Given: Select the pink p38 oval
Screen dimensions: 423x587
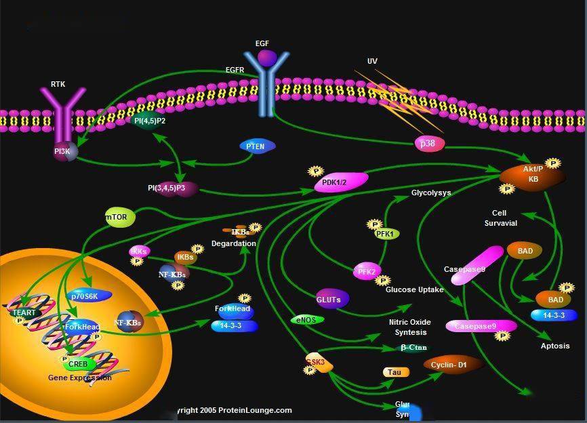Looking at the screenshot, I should pos(428,143).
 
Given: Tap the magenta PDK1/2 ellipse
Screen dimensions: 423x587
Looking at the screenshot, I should pos(341,182).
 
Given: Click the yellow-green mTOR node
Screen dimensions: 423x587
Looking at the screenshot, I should pos(120,218).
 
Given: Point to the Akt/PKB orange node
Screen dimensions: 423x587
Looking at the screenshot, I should pos(531,178).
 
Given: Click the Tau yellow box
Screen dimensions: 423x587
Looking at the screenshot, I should pos(395,372).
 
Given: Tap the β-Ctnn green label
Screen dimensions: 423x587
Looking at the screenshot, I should pos(413,348).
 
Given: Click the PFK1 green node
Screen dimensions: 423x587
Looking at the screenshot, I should pos(387,234).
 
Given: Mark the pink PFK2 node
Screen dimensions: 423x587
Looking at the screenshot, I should pos(367,271).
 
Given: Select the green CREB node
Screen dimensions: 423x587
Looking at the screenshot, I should pos(78,364).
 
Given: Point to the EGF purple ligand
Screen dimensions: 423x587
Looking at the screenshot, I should pos(266,57).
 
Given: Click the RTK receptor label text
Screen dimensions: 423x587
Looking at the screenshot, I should pos(58,85).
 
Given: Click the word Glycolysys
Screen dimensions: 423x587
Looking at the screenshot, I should pos(431,193).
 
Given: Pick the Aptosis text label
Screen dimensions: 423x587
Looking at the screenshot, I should pos(555,346).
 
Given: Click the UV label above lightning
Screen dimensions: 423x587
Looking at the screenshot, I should pos(372,61).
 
